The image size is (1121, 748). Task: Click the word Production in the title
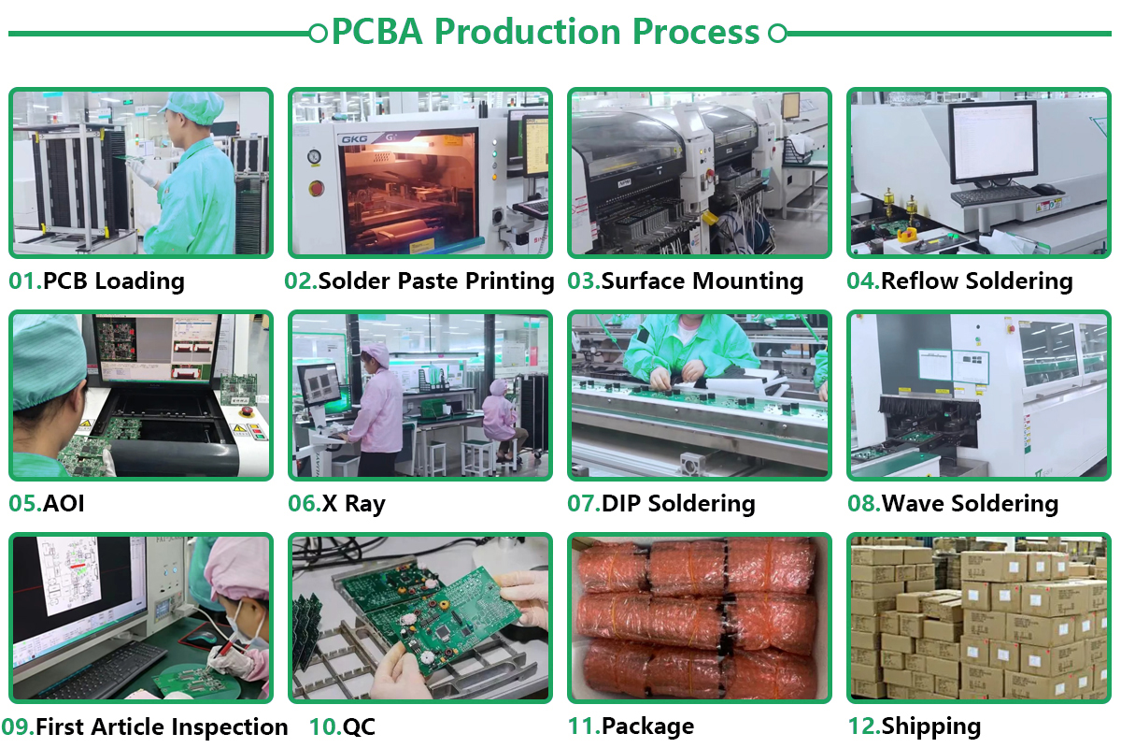tap(527, 32)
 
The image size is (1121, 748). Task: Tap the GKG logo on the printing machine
tap(354, 139)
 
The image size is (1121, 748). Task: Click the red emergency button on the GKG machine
tap(316, 188)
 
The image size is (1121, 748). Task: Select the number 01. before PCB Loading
tap(25, 280)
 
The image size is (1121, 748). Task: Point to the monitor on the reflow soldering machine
tap(994, 143)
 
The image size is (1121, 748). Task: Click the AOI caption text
tap(64, 503)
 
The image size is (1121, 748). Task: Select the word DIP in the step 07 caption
tap(621, 503)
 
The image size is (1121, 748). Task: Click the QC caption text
tap(359, 726)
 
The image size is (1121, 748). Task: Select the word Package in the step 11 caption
tap(648, 726)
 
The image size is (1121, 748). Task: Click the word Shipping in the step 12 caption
tap(930, 726)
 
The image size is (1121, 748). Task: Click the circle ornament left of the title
tap(318, 34)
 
